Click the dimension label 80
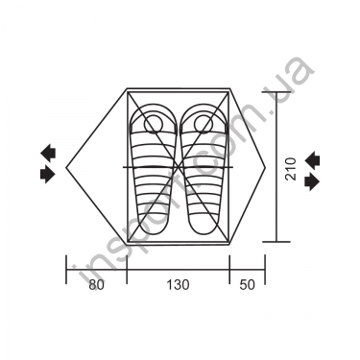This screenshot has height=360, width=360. pos(96,284)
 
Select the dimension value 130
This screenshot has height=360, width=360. pos(178,284)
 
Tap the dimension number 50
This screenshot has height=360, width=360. pos(248,284)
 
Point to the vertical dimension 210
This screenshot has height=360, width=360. pos(291,169)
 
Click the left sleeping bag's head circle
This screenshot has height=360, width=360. pos(154,124)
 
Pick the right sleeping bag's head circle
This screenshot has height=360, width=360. pos(203,124)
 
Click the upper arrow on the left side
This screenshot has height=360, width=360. pos(48,153)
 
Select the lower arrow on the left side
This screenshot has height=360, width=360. pos(48,175)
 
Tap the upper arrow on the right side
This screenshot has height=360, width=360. pos(312,159)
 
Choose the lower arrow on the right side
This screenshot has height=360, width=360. pos(312,181)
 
